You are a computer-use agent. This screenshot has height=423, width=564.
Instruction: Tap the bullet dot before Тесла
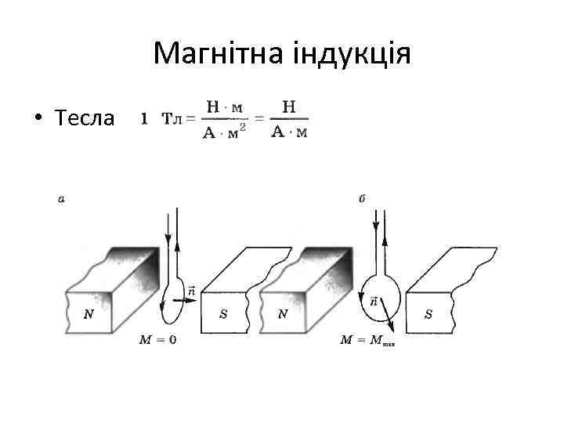(37, 119)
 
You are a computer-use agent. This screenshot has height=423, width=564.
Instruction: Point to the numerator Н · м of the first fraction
(222, 107)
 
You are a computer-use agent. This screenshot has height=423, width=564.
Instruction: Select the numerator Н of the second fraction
(288, 107)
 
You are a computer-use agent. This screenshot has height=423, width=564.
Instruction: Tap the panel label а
(61, 199)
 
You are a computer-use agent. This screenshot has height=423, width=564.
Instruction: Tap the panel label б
(363, 199)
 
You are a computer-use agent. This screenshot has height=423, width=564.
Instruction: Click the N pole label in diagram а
(91, 314)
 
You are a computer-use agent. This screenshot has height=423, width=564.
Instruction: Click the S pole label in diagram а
(223, 314)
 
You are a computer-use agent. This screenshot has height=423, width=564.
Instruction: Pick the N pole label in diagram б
(283, 314)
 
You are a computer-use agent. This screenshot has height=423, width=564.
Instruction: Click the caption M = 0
(157, 340)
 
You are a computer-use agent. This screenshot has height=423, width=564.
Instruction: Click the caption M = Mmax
(367, 340)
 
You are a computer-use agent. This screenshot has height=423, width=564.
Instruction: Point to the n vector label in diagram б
(372, 300)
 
